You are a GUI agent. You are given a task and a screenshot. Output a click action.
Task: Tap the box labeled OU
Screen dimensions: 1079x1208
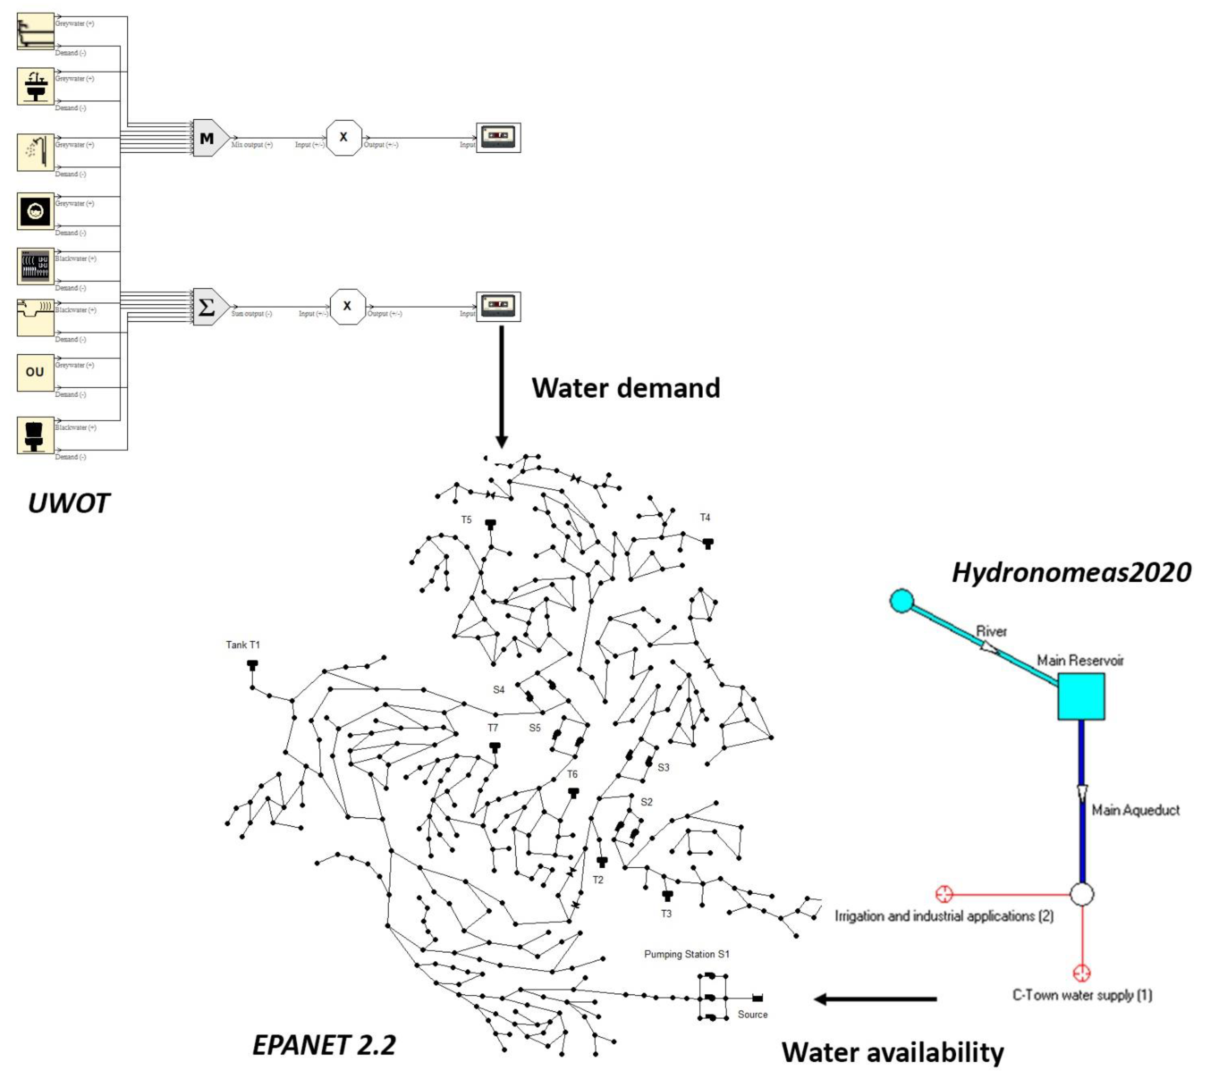35,372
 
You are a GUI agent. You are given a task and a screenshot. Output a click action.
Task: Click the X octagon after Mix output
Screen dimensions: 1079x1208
344,138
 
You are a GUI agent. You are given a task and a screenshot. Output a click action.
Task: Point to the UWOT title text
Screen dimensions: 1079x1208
69,503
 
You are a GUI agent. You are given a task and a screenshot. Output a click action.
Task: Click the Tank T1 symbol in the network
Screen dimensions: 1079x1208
253,665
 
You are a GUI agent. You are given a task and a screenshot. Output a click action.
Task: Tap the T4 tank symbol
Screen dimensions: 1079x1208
707,543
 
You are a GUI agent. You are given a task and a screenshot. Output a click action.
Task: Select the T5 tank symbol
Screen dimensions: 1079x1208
490,524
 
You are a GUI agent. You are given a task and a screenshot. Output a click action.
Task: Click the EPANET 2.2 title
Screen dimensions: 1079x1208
324,1045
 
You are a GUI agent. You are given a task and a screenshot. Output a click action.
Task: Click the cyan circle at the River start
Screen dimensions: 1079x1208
901,601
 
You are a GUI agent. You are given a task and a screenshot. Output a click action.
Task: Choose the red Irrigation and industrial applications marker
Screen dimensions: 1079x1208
944,893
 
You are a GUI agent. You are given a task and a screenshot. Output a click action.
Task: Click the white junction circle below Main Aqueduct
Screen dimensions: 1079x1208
1082,893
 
